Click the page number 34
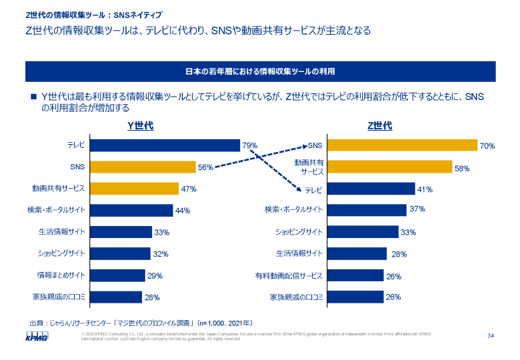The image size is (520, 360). (491, 335)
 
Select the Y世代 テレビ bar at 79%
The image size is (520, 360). (165, 145)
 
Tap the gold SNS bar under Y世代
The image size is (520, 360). (143, 167)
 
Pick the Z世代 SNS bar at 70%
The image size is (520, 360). (402, 145)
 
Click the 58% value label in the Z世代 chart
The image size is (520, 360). (462, 168)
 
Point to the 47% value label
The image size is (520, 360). (188, 189)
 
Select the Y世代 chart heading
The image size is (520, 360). (141, 125)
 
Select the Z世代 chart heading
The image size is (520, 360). (380, 125)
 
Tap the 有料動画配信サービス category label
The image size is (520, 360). (288, 275)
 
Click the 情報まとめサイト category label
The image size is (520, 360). (61, 275)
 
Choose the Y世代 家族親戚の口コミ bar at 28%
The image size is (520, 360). (116, 297)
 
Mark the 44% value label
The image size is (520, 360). (182, 211)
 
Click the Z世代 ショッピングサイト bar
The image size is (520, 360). (363, 232)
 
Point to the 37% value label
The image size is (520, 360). (417, 209)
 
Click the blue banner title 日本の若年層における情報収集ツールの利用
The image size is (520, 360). (259, 71)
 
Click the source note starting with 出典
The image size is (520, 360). (141, 322)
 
